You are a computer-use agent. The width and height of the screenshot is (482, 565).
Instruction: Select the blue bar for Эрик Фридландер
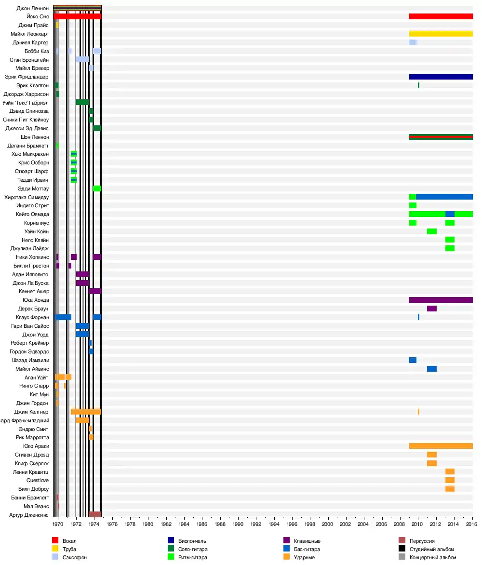[x=441, y=77]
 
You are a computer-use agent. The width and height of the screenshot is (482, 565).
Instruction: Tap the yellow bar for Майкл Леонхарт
[x=441, y=34]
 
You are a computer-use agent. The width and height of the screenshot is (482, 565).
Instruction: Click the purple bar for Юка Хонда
[x=441, y=300]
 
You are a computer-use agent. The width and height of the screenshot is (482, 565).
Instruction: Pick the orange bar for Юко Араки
[x=441, y=446]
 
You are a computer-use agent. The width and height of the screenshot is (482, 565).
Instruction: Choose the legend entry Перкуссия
[x=422, y=541]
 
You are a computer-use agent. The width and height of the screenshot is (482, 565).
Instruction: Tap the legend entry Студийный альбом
[x=431, y=549]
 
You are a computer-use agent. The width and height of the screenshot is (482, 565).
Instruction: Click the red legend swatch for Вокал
[x=55, y=541]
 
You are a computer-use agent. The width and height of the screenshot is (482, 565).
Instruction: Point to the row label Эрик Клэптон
[x=32, y=85]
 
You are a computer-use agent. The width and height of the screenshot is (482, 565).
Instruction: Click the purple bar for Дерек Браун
[x=431, y=309]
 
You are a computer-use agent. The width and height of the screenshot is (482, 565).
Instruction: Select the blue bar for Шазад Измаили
[x=413, y=360]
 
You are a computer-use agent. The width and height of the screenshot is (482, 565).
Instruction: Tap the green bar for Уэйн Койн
[x=431, y=231]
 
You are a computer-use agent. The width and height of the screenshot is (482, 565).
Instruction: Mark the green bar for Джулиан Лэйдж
[x=450, y=248]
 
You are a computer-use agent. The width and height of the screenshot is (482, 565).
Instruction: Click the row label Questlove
[x=38, y=480]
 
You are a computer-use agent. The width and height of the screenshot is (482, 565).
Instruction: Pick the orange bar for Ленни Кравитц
[x=450, y=471]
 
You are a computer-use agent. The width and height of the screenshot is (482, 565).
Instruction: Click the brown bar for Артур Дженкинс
[x=95, y=514]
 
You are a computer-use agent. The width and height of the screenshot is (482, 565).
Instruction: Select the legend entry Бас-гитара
[x=307, y=549]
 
